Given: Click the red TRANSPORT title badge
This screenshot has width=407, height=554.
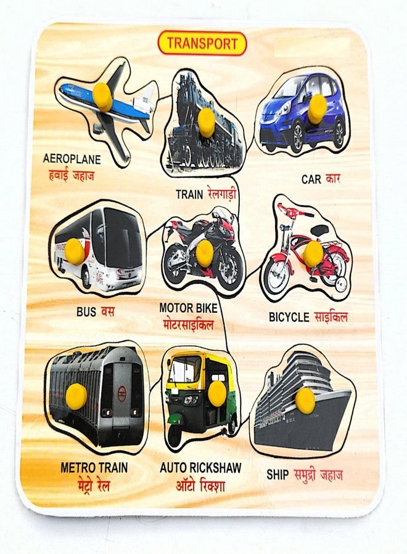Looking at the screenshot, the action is click(202, 44).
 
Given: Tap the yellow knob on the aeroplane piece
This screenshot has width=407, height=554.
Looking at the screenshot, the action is click(102, 97).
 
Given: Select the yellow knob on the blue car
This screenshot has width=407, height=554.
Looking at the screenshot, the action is click(317, 109).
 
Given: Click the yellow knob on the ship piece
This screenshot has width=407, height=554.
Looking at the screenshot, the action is click(305, 400).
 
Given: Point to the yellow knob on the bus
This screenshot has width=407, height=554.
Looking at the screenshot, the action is click(75, 251).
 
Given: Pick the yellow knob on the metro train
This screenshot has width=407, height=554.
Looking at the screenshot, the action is click(76, 396).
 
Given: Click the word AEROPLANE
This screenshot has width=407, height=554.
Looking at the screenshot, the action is click(72, 159).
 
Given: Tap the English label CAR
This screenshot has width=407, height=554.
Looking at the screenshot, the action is click(311, 179).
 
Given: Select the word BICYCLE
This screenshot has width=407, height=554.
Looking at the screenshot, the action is click(289, 317).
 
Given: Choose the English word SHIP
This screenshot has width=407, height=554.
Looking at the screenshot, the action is click(277, 475).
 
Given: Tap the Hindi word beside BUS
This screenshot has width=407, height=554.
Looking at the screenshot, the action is click(107, 311).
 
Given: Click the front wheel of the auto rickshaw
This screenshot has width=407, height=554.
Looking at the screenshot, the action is click(175, 435).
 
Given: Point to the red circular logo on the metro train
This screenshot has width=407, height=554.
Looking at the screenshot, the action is click(121, 393).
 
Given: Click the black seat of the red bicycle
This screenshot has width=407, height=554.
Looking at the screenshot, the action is click(321, 230).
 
